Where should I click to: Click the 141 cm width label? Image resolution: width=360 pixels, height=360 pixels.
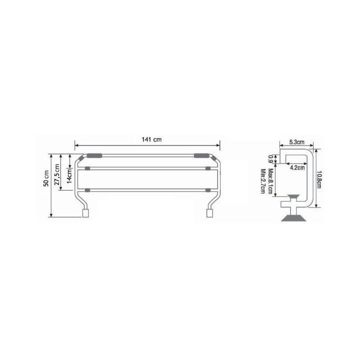[151, 139]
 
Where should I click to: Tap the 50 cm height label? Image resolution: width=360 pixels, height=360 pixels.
[46, 178]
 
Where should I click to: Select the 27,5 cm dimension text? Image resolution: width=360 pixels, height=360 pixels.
[56, 174]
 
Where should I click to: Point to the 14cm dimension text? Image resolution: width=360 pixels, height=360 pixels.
[69, 175]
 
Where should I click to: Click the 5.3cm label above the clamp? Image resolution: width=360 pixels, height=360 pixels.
[296, 142]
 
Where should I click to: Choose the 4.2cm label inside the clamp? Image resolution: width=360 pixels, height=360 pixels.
[297, 167]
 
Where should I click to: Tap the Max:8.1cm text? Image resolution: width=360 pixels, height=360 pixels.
[270, 181]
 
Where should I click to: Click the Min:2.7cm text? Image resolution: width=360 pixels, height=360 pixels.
[263, 181]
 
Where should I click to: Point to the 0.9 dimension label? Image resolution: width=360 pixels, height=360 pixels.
[270, 159]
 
